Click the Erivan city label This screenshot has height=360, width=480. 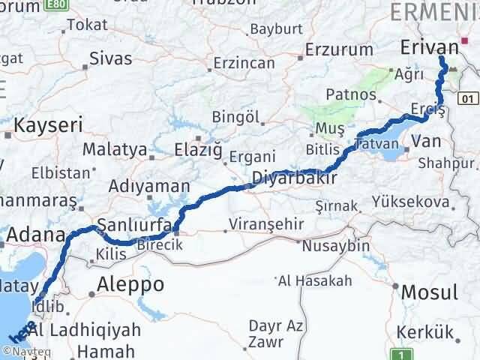pos(428,46)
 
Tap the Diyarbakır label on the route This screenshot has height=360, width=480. pos(292,178)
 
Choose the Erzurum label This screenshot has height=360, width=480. pos(340,50)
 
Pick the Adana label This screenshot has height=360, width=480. pos(36,236)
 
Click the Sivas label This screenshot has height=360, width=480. pos(110,58)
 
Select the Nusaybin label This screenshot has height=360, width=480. pos(334,246)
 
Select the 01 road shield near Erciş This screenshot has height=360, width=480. pos(469,98)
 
